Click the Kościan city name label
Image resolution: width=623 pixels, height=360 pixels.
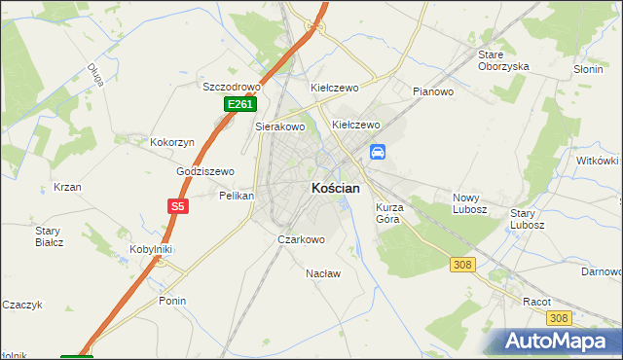pos(335,188)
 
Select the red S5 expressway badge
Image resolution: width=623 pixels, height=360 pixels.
pos(177,206)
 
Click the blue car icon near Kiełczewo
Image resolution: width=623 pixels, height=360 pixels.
pos(378,152)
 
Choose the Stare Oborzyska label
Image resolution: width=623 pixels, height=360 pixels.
pos(502,60)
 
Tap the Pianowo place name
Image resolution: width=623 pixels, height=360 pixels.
pos(434,91)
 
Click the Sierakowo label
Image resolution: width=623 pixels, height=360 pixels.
pos(280,126)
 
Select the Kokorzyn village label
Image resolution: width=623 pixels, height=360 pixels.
pos(172,142)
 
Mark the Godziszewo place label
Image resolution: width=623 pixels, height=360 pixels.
pos(205,171)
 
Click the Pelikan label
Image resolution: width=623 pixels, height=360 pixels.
pos(237,196)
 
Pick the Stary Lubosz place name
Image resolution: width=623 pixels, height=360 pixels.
pos(530,218)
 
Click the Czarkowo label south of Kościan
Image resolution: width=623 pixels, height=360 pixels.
pos(301,239)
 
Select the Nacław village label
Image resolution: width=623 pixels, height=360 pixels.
pos(323,273)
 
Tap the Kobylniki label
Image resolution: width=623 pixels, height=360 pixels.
pos(152,249)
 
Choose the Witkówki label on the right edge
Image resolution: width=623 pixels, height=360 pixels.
pos(598,160)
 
